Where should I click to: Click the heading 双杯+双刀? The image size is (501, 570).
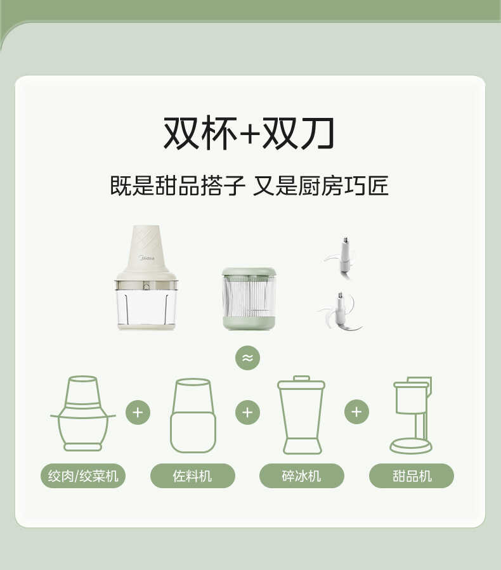point(249,134)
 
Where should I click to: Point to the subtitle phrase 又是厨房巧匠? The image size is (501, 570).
point(320,186)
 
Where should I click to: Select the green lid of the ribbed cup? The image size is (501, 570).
point(249,272)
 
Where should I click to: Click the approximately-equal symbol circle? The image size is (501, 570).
point(247,358)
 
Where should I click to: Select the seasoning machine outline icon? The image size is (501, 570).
point(193,415)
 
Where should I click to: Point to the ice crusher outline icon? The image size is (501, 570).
point(301,415)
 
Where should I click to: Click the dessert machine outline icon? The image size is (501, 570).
point(411,415)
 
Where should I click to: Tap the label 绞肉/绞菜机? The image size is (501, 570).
point(83,476)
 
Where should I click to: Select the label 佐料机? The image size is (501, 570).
point(193,476)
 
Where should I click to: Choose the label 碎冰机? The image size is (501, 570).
point(302,476)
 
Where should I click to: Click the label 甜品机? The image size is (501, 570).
point(412,476)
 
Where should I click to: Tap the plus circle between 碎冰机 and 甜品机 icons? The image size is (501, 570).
point(356,412)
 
